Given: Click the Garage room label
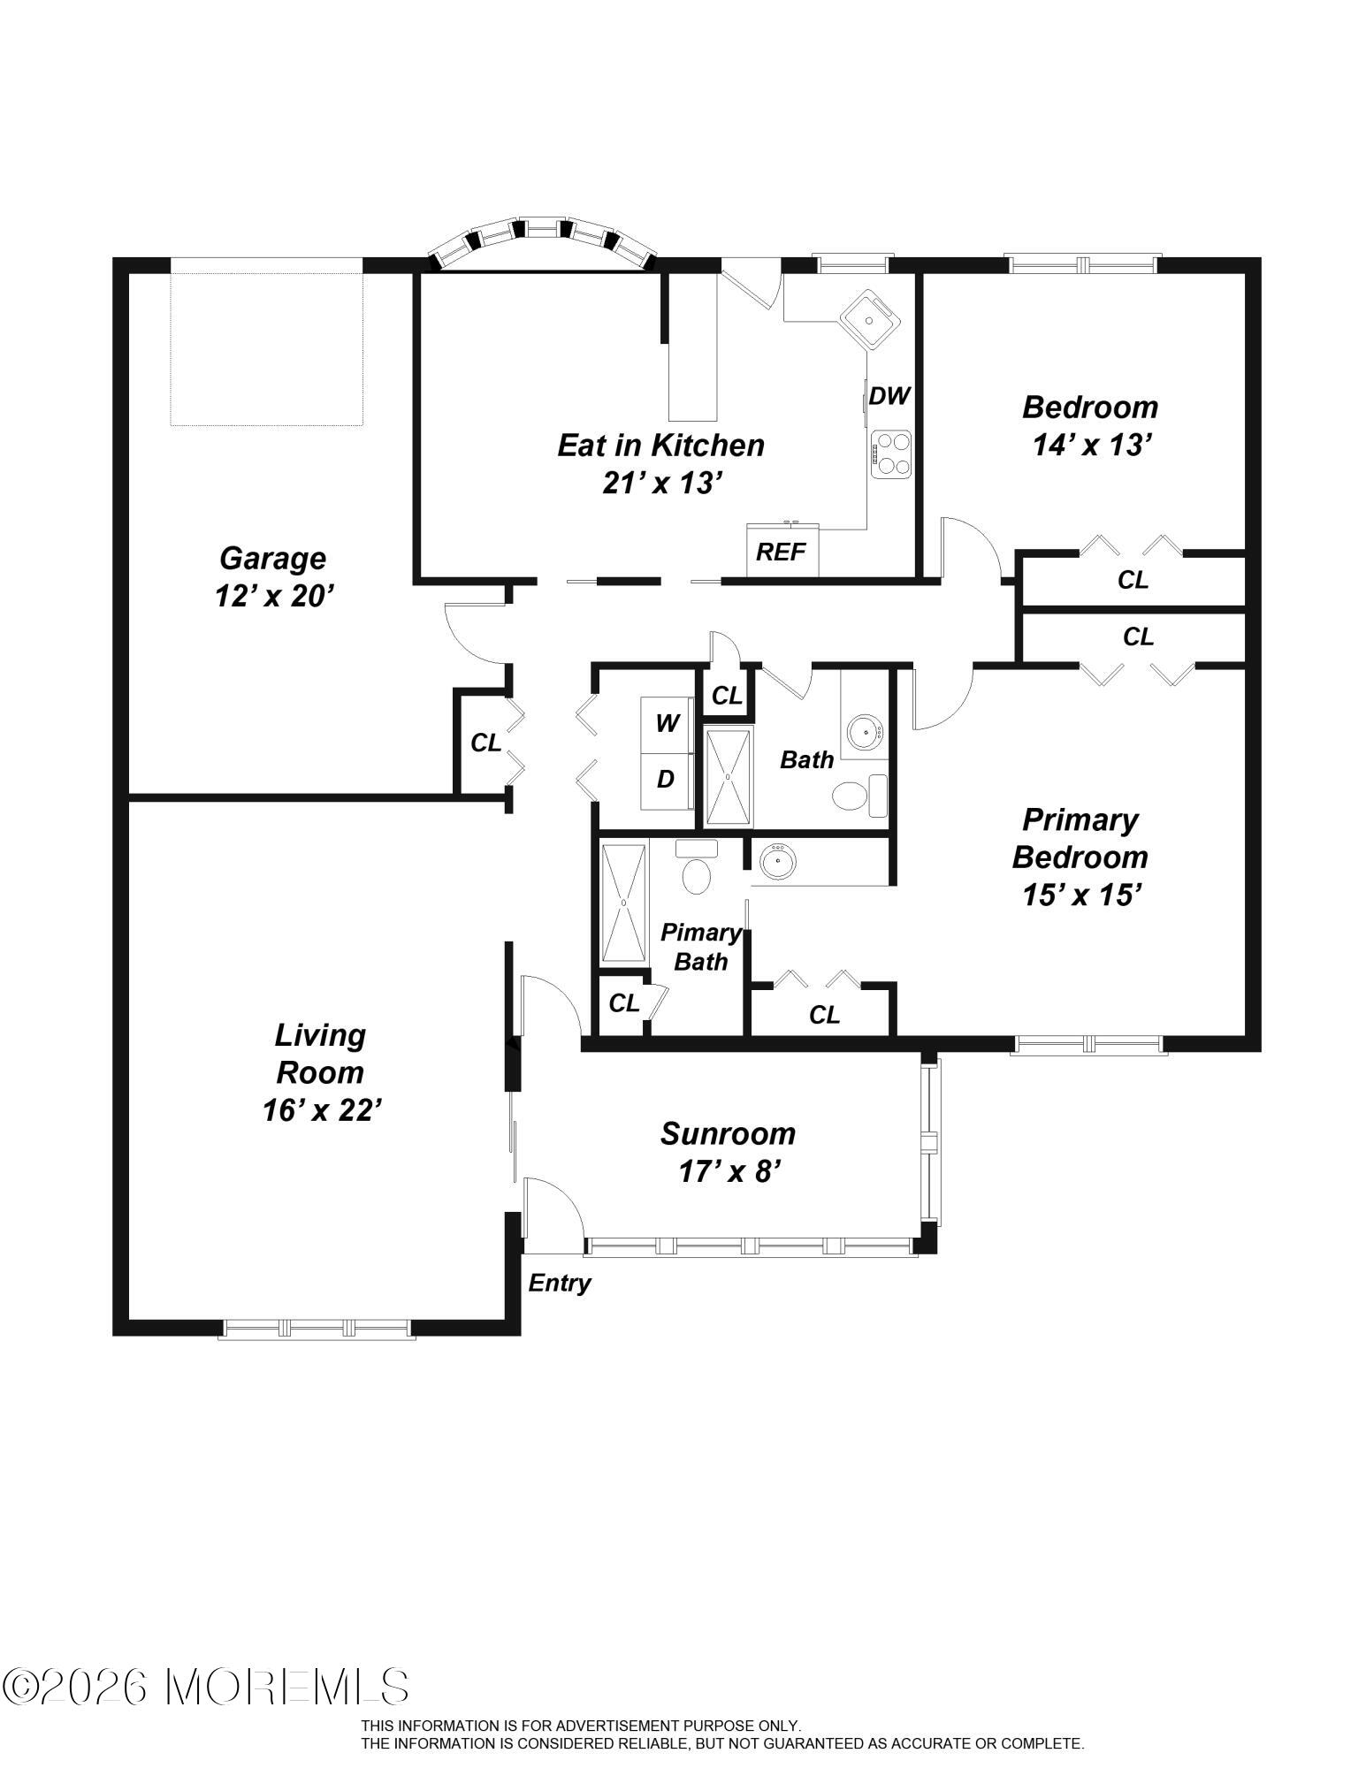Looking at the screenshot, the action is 272,559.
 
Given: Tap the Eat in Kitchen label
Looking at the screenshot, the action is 660,445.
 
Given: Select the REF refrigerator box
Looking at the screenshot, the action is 782,550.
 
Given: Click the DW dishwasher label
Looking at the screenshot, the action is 889,396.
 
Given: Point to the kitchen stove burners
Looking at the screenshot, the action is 890,454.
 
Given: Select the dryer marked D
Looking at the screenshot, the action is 667,780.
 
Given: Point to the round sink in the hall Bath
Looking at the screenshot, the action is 864,732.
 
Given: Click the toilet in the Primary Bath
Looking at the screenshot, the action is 697,868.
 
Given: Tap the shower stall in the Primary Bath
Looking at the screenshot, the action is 625,903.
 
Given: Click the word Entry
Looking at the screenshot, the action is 560,1284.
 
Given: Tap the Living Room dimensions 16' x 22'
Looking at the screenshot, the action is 322,1110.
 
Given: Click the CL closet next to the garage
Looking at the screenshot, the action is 485,743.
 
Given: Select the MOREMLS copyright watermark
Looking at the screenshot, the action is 205,1688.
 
